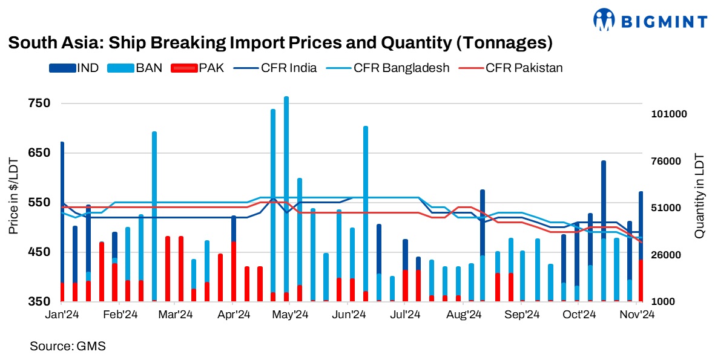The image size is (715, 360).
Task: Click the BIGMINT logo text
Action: click(x=668, y=22)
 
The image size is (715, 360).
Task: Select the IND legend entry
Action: click(x=88, y=68)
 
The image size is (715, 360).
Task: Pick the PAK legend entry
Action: click(x=211, y=68)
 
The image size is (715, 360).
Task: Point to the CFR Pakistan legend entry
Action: click(x=524, y=68)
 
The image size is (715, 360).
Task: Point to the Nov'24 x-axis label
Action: click(x=639, y=315)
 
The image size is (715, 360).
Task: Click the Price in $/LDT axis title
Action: click(x=13, y=195)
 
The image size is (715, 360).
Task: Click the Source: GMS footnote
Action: click(x=68, y=346)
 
